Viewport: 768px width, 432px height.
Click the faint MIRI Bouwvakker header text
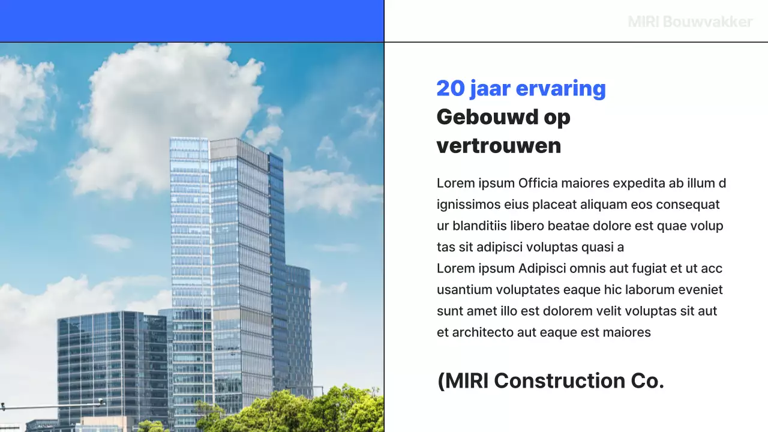tap(690, 22)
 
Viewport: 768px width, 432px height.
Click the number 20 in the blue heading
tap(451, 88)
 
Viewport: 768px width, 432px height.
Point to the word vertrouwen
tap(499, 146)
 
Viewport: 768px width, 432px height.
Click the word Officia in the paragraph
tap(538, 183)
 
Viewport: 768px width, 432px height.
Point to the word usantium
tap(464, 290)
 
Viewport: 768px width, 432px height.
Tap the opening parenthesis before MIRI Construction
tap(441, 381)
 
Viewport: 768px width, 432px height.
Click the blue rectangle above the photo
tap(192, 21)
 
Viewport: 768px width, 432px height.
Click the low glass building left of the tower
tap(111, 360)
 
